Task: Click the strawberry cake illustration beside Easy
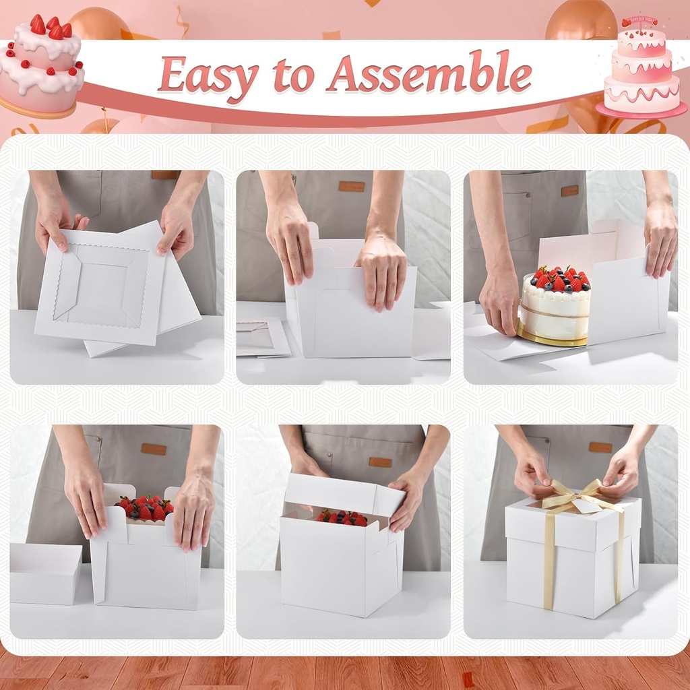(x=42, y=64)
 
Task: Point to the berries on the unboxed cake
(x=559, y=278)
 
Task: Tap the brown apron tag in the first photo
(x=164, y=175)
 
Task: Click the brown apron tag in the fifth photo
(x=380, y=462)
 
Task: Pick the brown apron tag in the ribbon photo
(x=600, y=447)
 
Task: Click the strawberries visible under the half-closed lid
(x=342, y=517)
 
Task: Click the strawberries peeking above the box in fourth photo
(x=144, y=507)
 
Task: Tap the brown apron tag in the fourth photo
(x=154, y=449)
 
